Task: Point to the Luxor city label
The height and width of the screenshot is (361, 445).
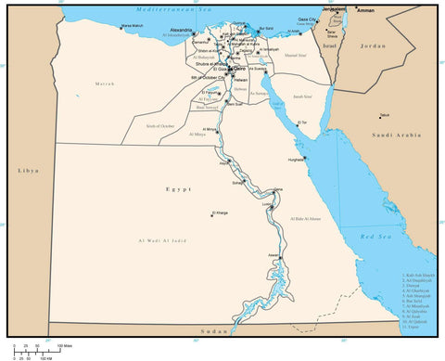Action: (x=268, y=203)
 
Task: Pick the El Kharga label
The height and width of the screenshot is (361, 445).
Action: (x=219, y=213)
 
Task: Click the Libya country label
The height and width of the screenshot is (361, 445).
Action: (x=26, y=172)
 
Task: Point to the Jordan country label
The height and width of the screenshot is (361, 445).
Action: (x=373, y=45)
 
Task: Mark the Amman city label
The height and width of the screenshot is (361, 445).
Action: (x=365, y=10)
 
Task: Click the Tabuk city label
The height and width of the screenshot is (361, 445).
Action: (x=383, y=115)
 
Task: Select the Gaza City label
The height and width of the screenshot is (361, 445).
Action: (x=307, y=19)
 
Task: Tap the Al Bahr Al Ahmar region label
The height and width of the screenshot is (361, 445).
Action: (x=306, y=219)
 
